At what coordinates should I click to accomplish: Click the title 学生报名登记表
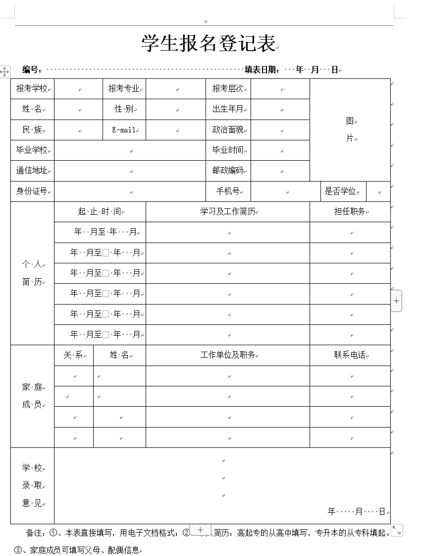(209, 43)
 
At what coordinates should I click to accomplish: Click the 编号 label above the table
(31, 70)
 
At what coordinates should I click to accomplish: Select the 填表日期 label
(262, 70)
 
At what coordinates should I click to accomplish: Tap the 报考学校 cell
(32, 89)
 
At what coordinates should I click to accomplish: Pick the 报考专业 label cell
(124, 89)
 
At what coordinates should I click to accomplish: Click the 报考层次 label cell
(228, 89)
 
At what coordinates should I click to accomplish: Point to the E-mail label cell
(124, 130)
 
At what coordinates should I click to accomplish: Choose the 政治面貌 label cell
(228, 130)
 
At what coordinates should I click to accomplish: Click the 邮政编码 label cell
(228, 171)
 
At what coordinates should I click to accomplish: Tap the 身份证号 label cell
(32, 191)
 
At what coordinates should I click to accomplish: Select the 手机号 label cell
(228, 191)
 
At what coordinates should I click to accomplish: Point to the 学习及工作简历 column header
(228, 212)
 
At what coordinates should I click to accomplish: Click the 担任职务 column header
(350, 212)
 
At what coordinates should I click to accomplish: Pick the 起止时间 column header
(100, 212)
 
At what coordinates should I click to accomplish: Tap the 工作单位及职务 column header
(228, 355)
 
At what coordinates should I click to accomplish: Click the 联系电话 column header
(350, 355)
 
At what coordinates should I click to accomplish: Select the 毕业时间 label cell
(228, 150)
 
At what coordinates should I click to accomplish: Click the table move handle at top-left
(4, 71)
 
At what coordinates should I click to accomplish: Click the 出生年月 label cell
(228, 109)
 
